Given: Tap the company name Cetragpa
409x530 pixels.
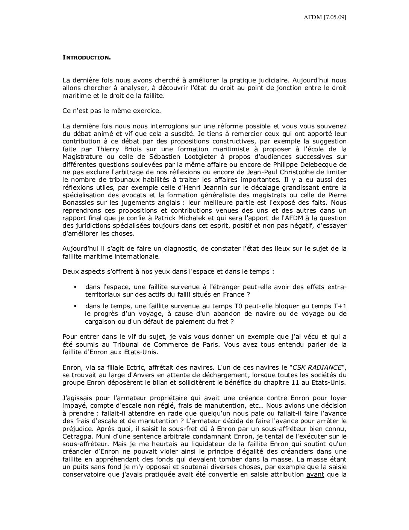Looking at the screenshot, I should [77, 437].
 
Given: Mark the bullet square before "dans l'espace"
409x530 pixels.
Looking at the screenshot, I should [76, 287].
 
